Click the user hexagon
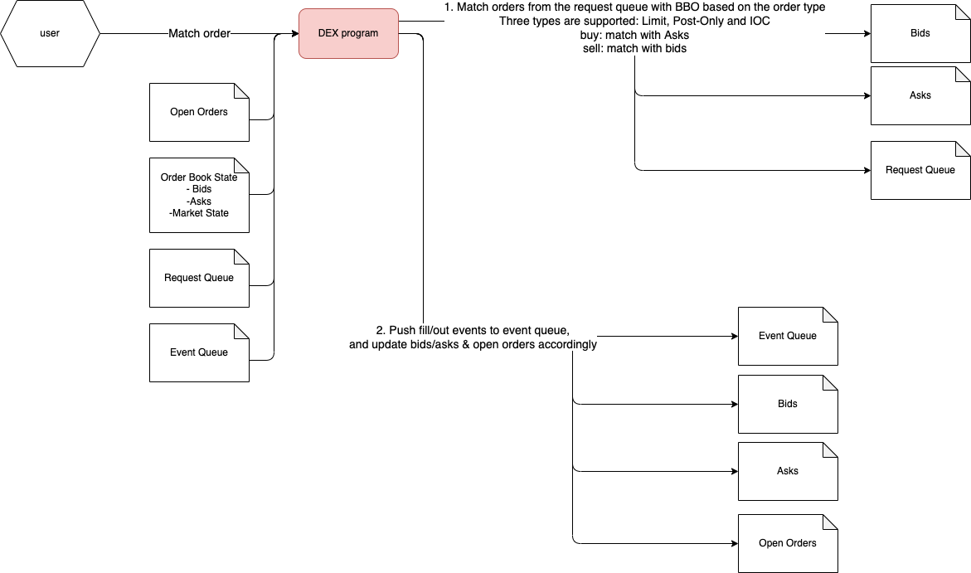tap(50, 34)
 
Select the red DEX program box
tap(348, 34)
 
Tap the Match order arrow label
tap(199, 34)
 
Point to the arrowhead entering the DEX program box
tap(294, 34)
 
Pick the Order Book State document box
tap(199, 195)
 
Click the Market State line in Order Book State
tap(199, 213)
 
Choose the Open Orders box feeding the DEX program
tap(199, 112)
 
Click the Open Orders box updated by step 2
tap(788, 543)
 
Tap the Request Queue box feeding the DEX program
tap(199, 278)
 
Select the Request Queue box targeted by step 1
tap(920, 170)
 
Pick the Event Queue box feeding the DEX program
tap(199, 352)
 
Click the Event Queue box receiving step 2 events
tap(788, 336)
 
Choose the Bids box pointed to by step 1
tap(920, 34)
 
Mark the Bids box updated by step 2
tap(788, 404)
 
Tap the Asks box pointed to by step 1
tap(920, 95)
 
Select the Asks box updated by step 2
tap(788, 471)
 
